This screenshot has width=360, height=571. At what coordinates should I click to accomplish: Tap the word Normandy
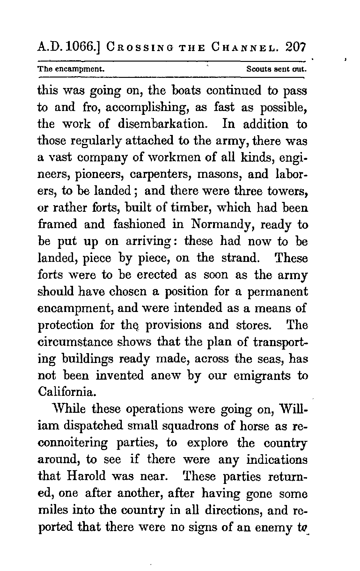[x=220, y=225]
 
